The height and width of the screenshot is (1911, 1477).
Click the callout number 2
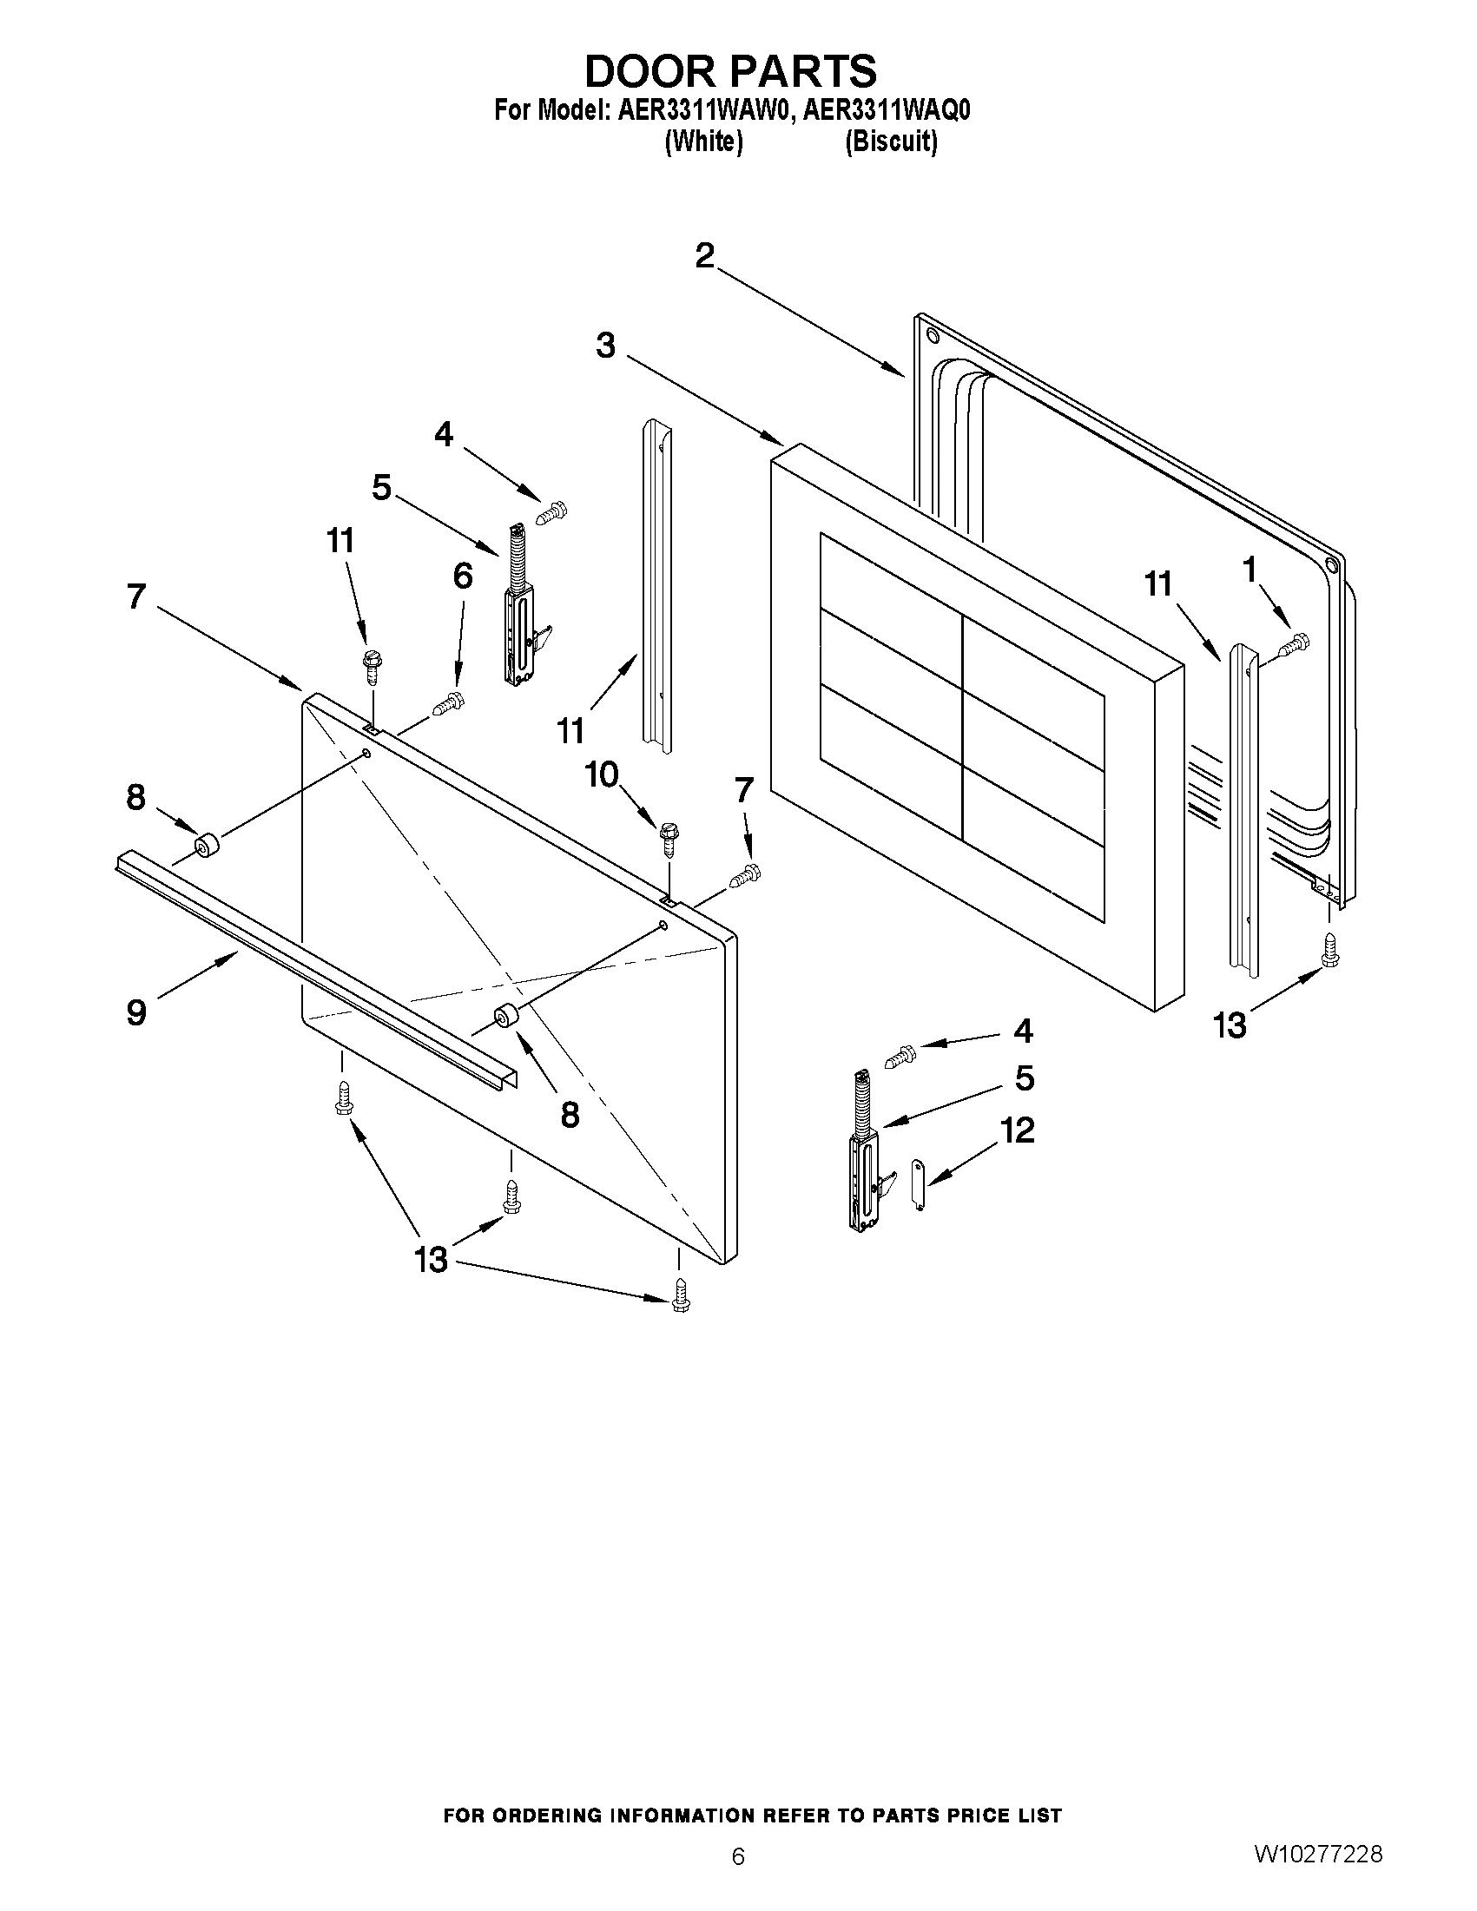click(x=704, y=255)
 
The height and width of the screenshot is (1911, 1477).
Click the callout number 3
click(x=605, y=345)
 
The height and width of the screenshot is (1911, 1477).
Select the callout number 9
click(x=136, y=1012)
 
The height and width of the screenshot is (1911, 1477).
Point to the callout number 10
click(x=602, y=774)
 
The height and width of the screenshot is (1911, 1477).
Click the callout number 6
click(x=463, y=576)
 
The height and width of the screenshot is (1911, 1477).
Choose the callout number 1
click(x=1249, y=570)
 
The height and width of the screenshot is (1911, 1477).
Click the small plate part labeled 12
click(x=918, y=1184)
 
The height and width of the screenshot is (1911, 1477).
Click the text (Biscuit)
click(x=891, y=142)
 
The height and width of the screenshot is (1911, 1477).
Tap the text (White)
click(x=703, y=142)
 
